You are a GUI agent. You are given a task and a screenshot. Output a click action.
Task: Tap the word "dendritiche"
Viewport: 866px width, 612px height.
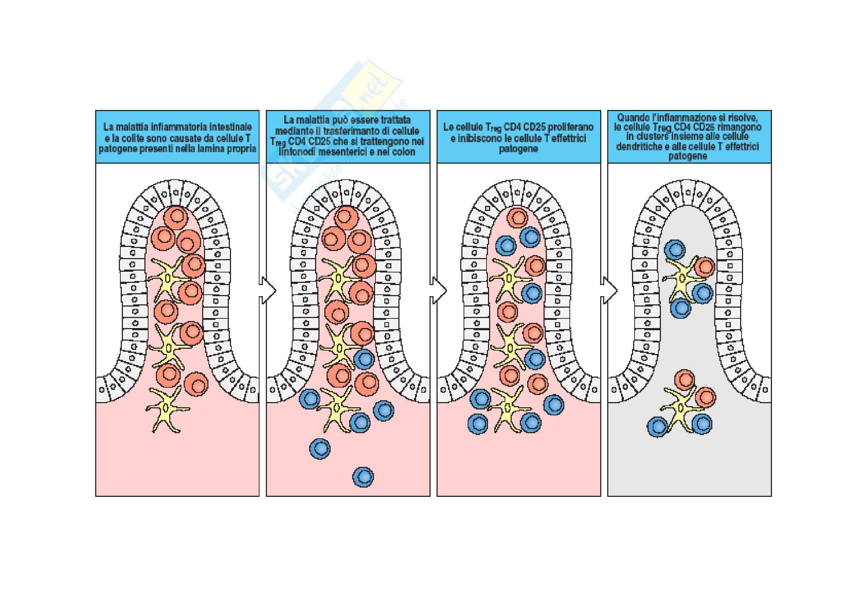click(638, 146)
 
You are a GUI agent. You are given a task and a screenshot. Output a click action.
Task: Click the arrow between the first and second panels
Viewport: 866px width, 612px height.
click(268, 290)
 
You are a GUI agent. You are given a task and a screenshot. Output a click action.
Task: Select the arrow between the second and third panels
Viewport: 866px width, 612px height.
click(439, 290)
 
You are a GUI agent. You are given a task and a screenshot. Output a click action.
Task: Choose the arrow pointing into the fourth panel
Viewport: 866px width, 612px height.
click(609, 290)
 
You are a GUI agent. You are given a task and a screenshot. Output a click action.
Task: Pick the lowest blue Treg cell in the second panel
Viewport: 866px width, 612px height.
click(363, 476)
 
